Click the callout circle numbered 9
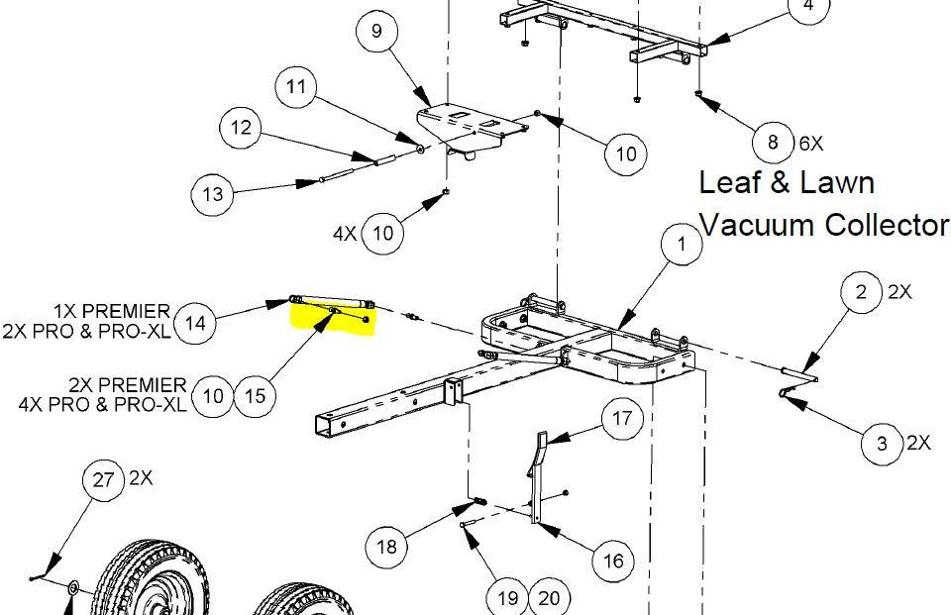[x=376, y=31]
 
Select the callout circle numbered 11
[x=296, y=87]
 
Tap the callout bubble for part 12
[x=241, y=128]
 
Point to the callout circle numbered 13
[x=212, y=194]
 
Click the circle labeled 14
[x=195, y=323]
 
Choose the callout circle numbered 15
[x=256, y=396]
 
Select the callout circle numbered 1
[x=682, y=244]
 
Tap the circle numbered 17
[x=622, y=418]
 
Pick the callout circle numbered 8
[x=773, y=143]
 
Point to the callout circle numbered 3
[x=882, y=444]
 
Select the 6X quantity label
[x=811, y=144]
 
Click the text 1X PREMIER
[x=112, y=311]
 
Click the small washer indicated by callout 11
[x=420, y=148]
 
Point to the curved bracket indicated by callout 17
[x=536, y=476]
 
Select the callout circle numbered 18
[x=386, y=547]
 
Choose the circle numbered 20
[x=548, y=598]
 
